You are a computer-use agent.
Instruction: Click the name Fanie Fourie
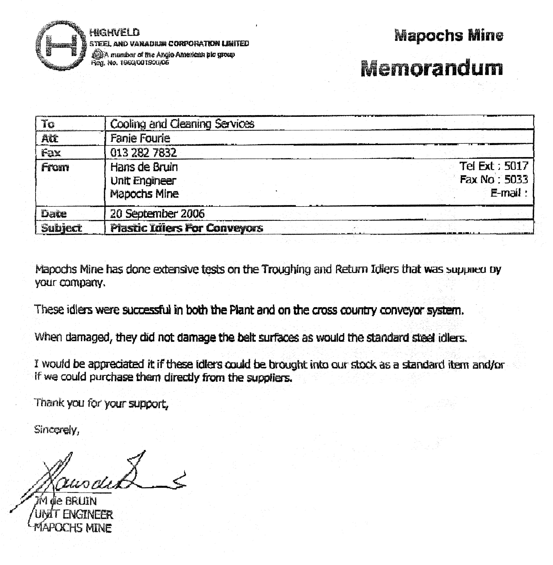coord(140,138)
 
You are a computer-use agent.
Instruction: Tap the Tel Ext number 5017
coord(516,166)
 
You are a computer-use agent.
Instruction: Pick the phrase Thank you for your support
coord(101,403)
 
